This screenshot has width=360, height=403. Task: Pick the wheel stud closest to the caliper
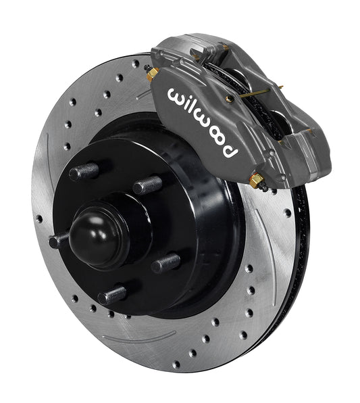(147, 185)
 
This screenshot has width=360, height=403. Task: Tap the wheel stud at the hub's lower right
(165, 263)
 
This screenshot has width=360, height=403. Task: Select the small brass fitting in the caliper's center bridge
(230, 98)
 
